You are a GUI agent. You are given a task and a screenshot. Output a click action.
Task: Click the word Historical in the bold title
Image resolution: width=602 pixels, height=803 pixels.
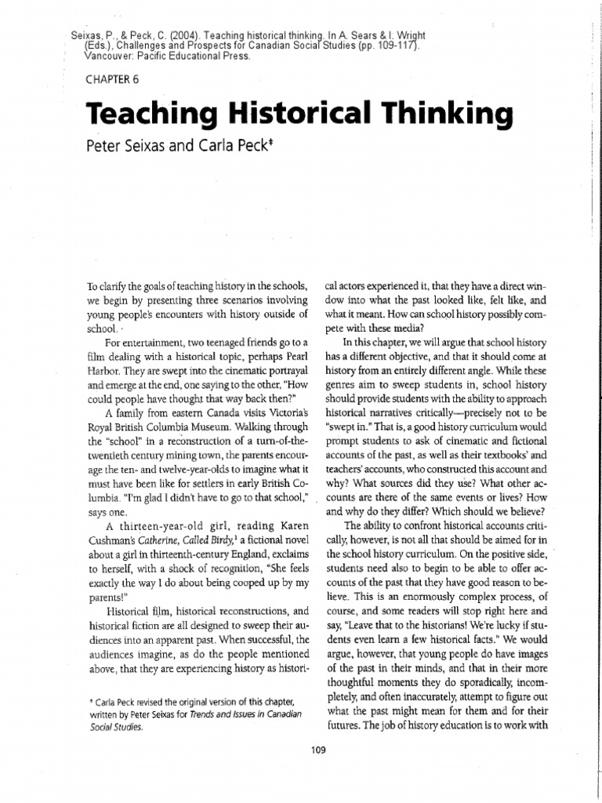click(299, 114)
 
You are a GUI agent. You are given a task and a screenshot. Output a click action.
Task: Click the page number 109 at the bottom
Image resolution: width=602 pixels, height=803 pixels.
click(317, 750)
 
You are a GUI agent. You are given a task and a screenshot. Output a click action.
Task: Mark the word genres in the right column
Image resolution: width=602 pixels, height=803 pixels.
click(344, 387)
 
